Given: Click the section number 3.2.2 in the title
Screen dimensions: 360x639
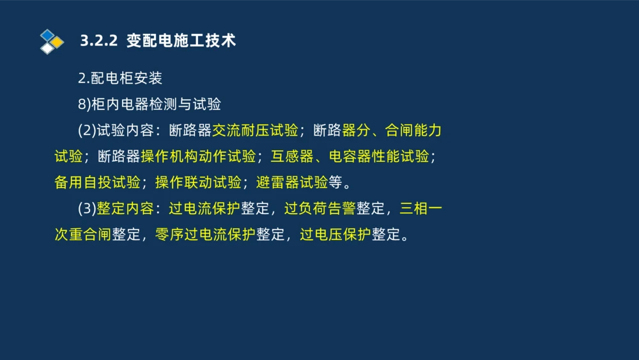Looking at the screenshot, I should click(x=99, y=41).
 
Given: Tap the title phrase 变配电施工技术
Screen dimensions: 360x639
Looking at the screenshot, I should click(x=181, y=41).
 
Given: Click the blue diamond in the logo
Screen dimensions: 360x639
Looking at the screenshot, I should click(x=47, y=35).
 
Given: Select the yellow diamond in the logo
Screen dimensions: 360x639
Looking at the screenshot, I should click(x=57, y=42).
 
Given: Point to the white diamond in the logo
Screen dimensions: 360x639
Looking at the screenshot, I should click(x=47, y=49).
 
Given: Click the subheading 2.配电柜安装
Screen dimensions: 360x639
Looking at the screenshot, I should click(x=120, y=79).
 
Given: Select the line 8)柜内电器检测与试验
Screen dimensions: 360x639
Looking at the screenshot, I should click(x=150, y=104).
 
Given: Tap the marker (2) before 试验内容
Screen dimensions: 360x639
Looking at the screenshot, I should click(x=87, y=130).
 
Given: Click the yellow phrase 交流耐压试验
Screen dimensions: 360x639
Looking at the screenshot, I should click(x=255, y=130).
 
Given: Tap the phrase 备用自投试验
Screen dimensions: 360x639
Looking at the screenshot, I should click(x=97, y=183).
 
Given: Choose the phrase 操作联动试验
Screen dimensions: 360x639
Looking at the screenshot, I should click(x=197, y=183).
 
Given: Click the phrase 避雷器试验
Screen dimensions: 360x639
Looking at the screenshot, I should click(x=291, y=183).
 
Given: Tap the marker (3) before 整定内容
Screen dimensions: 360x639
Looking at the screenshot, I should click(x=87, y=209).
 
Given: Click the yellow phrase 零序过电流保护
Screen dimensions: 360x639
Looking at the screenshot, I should click(x=205, y=235).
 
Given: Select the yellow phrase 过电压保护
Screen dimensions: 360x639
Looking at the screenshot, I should click(x=335, y=235).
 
